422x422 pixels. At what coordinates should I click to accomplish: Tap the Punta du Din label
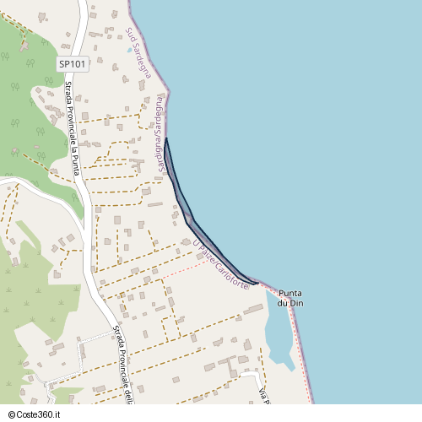click(290, 296)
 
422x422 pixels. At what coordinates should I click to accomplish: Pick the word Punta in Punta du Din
click(290, 291)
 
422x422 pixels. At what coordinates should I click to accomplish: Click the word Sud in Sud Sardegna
click(130, 33)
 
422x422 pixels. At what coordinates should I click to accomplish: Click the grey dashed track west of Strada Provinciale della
click(81, 359)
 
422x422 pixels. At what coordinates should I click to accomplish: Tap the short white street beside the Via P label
click(250, 376)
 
